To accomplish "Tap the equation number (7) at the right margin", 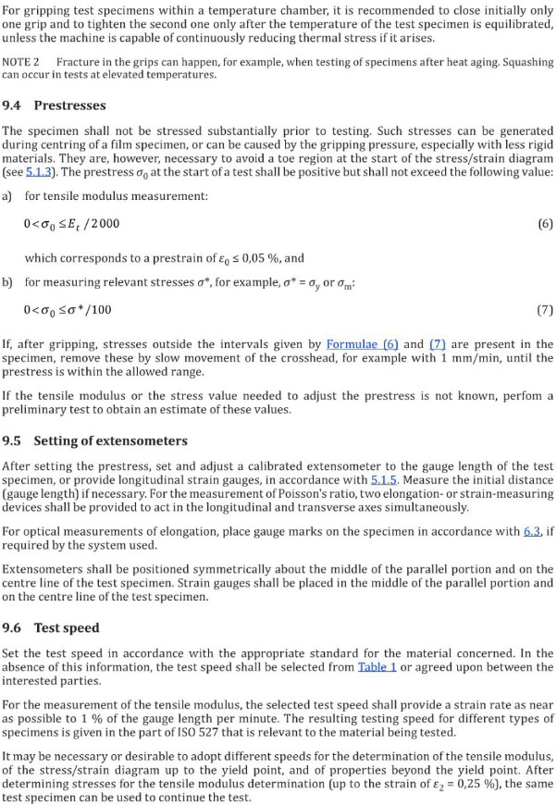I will coord(544,309).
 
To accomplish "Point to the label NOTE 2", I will coord(19,62).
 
